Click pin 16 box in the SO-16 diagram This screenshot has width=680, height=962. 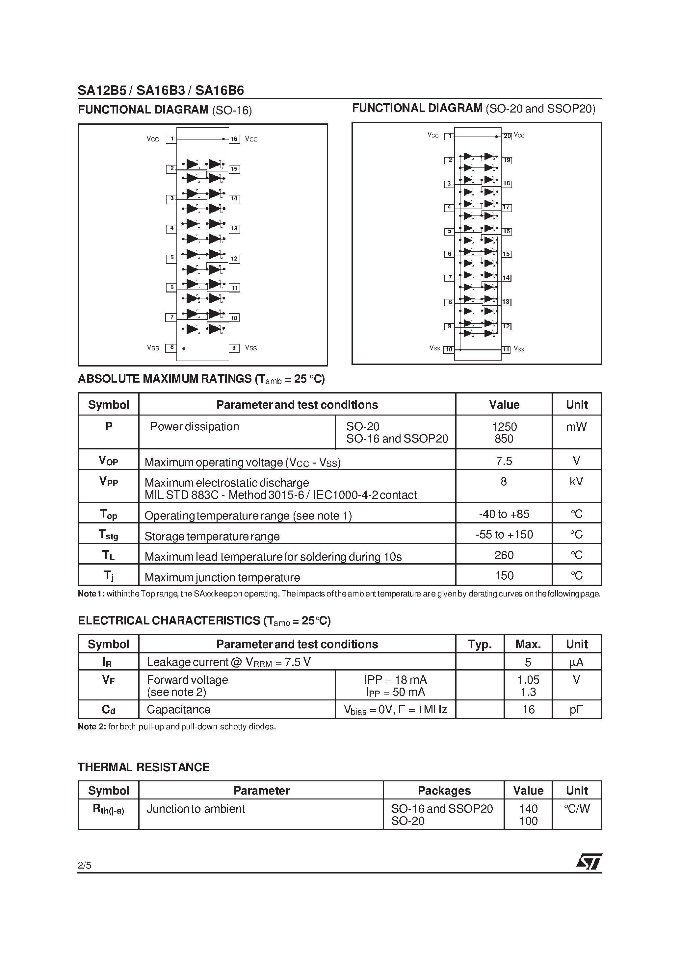tap(234, 139)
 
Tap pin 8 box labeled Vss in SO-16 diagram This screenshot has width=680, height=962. tap(171, 347)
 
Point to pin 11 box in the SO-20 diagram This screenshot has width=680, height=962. tap(506, 349)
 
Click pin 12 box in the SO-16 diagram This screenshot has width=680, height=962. tap(234, 259)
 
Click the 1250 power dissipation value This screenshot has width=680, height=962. tap(504, 426)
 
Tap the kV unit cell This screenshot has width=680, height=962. tap(576, 481)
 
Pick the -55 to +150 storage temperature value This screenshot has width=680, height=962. tap(504, 534)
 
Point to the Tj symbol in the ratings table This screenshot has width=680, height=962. tap(108, 576)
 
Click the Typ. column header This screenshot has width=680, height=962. tap(480, 644)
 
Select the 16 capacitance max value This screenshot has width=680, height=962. tap(528, 709)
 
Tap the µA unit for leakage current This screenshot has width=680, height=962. tap(576, 662)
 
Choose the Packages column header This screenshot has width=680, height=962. tap(444, 790)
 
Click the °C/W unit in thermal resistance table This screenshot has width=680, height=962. tap(576, 808)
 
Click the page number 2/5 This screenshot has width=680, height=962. tap(84, 865)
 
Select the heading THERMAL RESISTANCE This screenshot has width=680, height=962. tap(144, 767)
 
